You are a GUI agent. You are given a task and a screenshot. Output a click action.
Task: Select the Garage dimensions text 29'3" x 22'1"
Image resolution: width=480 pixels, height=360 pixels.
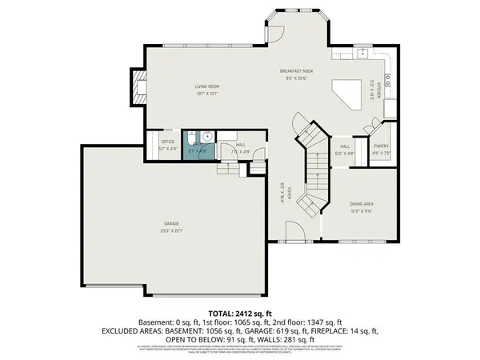(172, 230)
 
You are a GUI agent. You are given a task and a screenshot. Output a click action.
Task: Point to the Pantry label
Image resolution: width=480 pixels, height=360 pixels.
(382, 145)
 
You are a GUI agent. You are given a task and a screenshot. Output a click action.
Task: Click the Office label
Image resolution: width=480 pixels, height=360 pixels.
(168, 142)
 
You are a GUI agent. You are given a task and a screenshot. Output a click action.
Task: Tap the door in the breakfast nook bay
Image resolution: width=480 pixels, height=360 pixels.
(274, 34)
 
